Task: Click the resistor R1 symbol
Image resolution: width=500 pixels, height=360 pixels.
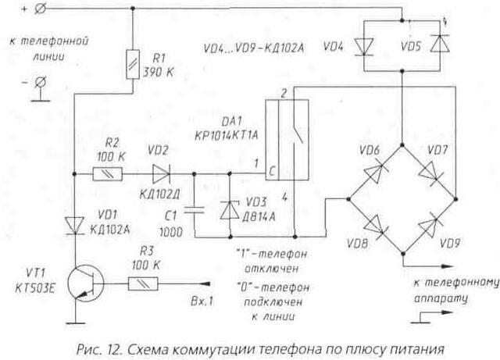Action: coord(131,66)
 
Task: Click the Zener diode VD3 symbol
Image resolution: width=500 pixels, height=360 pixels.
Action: coord(228,210)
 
